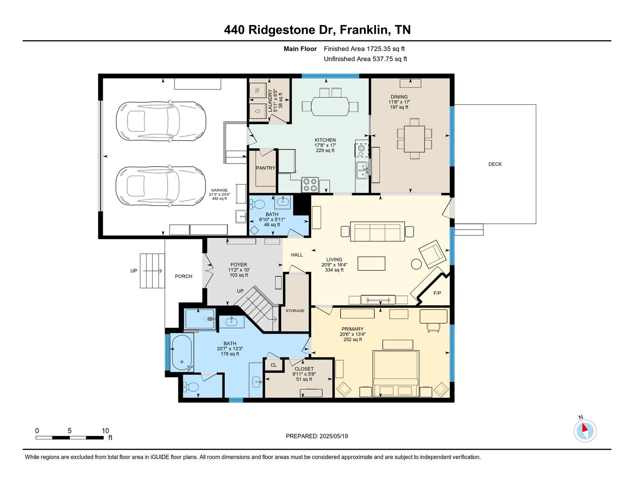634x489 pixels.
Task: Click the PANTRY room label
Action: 265,168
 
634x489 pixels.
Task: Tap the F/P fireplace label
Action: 437,293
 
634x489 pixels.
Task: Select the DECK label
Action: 495,164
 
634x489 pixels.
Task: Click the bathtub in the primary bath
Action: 182,353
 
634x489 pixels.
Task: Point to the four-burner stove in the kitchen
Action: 310,185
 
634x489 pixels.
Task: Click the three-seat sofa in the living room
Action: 377,231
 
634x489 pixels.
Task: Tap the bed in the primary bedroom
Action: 395,374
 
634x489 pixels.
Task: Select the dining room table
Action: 414,139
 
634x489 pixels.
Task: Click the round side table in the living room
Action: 416,264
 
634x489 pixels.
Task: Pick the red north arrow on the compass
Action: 584,428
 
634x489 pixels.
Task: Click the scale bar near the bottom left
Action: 70,437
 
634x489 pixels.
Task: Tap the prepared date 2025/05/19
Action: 334,436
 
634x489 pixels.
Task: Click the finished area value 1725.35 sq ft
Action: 386,49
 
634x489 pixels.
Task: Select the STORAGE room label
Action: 295,310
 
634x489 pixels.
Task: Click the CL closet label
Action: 273,365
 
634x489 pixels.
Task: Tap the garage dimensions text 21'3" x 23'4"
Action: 220,194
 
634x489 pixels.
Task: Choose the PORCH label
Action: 184,276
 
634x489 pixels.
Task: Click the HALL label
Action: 297,255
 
